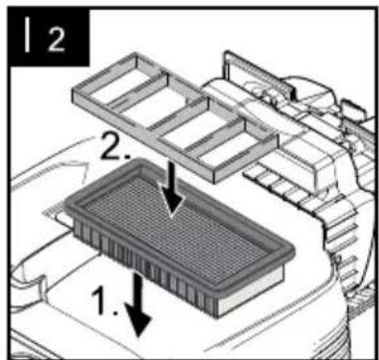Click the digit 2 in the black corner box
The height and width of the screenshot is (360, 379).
pyautogui.click(x=57, y=39)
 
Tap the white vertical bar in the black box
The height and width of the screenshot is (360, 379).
pyautogui.click(x=27, y=34)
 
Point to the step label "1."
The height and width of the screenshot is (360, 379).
pyautogui.click(x=104, y=300)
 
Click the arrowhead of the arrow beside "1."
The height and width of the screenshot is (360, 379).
pyautogui.click(x=138, y=320)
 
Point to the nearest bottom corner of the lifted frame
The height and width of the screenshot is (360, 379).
pyautogui.click(x=215, y=183)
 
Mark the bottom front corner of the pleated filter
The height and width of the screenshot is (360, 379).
pyautogui.click(x=217, y=315)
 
